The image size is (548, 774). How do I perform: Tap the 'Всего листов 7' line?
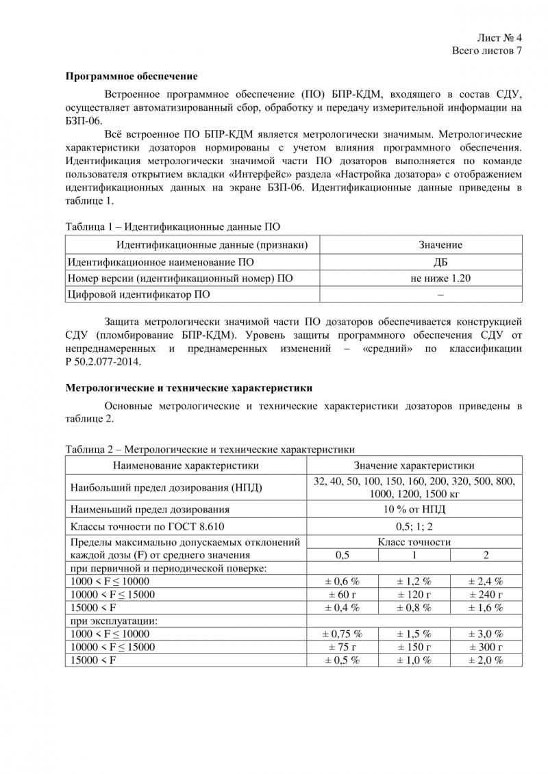coord(487,51)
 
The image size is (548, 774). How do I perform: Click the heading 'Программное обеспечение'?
coord(132,76)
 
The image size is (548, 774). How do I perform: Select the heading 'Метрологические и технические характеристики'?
coord(189,387)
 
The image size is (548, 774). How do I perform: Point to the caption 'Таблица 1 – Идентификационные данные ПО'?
coord(173,226)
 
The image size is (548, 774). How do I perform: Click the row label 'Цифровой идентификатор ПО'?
coord(138,294)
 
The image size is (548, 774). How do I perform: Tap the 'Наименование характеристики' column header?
coord(186,465)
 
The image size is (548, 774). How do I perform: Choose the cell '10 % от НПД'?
coord(414,509)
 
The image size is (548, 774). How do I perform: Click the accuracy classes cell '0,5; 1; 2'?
coord(414,526)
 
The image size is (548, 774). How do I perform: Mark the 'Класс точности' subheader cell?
coord(414,542)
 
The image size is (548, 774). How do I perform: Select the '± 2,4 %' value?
coord(486,581)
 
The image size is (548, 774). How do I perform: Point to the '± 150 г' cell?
coord(414,647)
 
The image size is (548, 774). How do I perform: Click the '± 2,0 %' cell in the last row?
coord(486,660)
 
